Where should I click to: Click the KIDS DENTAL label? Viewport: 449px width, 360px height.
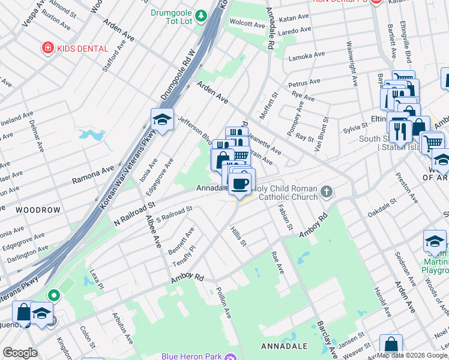click(83, 49)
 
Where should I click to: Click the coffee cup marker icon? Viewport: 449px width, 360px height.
click(241, 183)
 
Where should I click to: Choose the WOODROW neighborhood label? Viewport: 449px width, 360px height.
click(38, 210)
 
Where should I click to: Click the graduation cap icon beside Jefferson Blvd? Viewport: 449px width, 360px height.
click(162, 120)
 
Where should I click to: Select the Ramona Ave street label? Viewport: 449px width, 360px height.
click(93, 175)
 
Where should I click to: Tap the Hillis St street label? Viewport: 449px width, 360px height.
click(238, 235)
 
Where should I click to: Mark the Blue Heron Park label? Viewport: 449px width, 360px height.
click(191, 356)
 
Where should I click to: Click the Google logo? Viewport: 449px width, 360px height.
click(20, 352)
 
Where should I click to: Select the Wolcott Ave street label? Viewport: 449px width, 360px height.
click(247, 25)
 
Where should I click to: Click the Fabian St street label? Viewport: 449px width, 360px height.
click(285, 217)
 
